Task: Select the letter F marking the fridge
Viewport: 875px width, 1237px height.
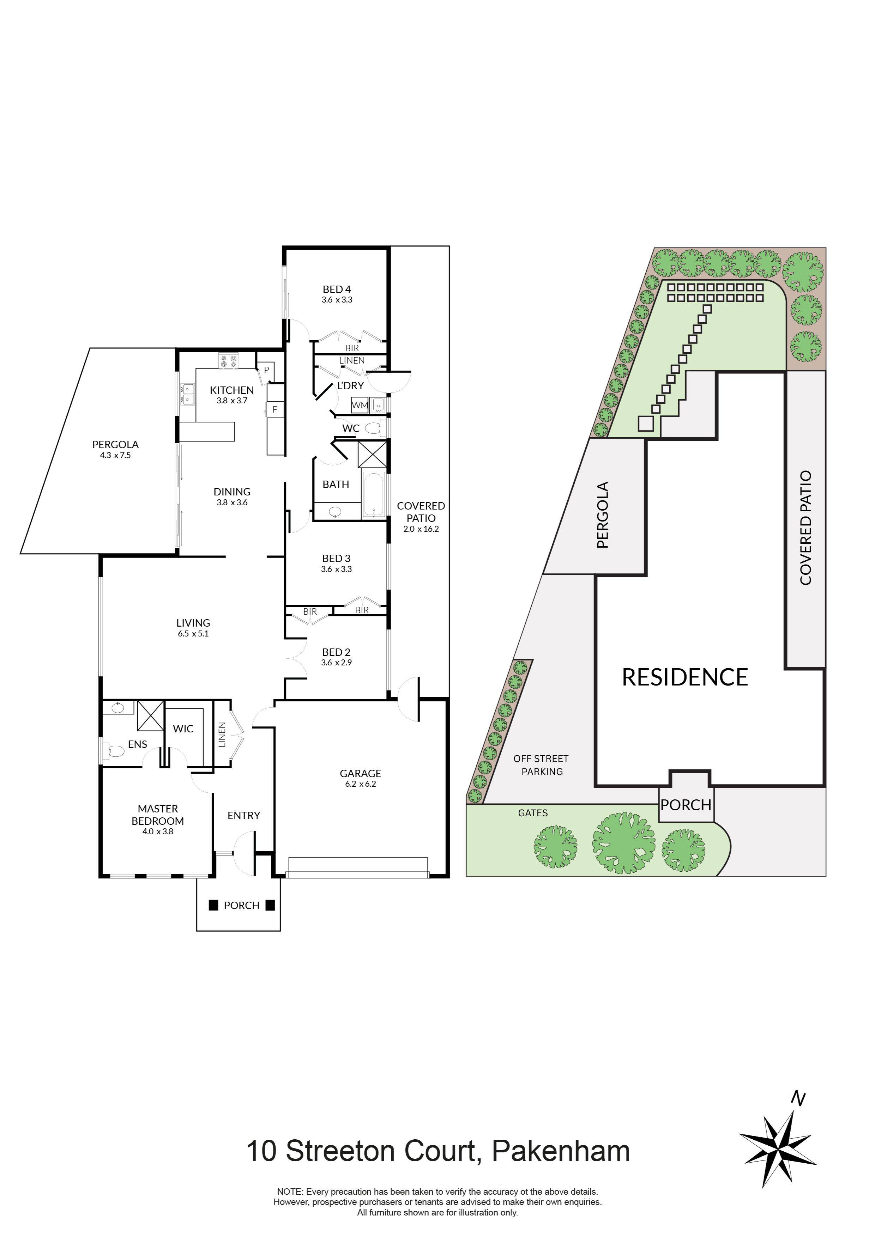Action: (x=274, y=409)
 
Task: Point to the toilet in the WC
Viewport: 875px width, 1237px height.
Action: (x=373, y=429)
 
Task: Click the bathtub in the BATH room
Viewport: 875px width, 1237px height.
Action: (x=373, y=495)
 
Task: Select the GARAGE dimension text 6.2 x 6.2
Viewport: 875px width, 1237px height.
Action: (x=360, y=784)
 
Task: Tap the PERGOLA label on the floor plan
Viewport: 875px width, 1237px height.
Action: (x=115, y=444)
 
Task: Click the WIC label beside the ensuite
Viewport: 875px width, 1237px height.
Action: (x=183, y=729)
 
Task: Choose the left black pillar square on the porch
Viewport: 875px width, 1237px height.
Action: (x=213, y=905)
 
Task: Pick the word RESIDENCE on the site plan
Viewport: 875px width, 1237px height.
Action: (x=685, y=677)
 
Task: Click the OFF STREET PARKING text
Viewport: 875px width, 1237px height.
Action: (x=541, y=765)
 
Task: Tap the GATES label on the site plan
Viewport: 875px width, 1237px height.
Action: (x=533, y=813)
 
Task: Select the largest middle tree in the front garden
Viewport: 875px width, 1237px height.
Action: (x=623, y=843)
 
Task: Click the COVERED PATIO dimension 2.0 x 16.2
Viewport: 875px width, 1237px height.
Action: (x=421, y=529)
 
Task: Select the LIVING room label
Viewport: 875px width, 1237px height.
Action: (x=193, y=623)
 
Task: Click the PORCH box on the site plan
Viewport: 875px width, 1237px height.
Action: (x=686, y=805)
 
